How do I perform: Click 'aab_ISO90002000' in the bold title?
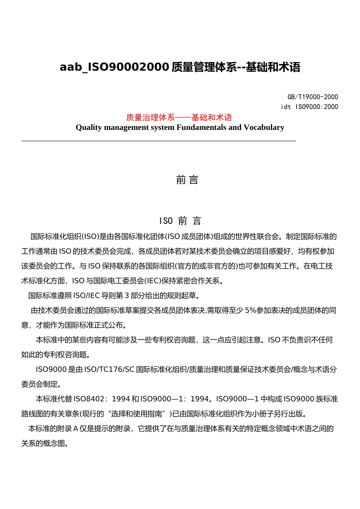[x=114, y=67]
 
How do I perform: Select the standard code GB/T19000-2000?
[x=313, y=97]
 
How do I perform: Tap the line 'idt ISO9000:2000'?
[x=309, y=107]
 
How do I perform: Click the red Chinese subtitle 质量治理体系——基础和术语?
[x=179, y=117]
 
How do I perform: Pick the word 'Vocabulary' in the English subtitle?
[x=264, y=127]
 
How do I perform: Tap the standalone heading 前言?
[x=187, y=180]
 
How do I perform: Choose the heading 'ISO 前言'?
[x=180, y=221]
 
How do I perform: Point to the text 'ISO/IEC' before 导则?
[x=87, y=295]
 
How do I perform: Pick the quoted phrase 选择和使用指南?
[x=138, y=414]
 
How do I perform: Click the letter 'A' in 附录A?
[x=75, y=428]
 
